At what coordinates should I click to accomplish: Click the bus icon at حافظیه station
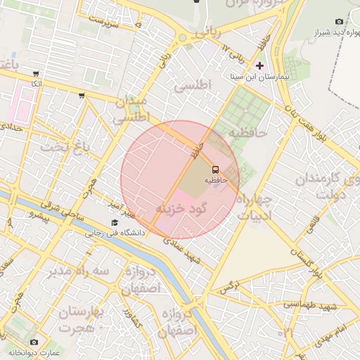pyautogui.click(x=215, y=169)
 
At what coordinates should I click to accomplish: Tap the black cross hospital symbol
pyautogui.click(x=260, y=66)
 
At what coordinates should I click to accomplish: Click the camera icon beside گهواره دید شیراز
pyautogui.click(x=340, y=22)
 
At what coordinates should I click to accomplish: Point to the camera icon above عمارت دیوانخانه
pyautogui.click(x=34, y=342)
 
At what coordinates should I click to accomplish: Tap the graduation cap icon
pyautogui.click(x=115, y=223)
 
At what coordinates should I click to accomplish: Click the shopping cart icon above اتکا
pyautogui.click(x=36, y=73)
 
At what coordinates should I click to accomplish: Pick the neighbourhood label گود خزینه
pyautogui.click(x=184, y=210)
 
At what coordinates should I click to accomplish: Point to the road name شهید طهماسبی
pyautogui.click(x=309, y=304)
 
